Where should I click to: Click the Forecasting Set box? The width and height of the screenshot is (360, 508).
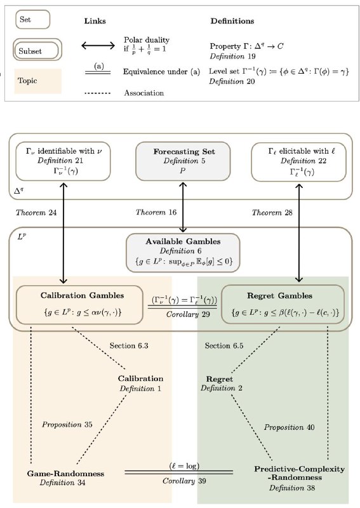(x=183, y=161)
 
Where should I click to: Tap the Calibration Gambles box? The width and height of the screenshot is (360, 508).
(x=79, y=305)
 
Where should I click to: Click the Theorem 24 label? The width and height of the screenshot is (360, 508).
(x=36, y=213)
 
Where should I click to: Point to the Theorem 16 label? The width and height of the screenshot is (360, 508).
(x=156, y=212)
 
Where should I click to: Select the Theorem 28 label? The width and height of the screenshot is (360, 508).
(x=272, y=213)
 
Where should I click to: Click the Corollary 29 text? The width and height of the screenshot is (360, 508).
(x=188, y=314)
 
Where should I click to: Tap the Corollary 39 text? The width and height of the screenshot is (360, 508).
(x=184, y=481)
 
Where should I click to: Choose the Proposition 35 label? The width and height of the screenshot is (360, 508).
(x=67, y=424)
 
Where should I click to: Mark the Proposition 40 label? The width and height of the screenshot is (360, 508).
(x=289, y=427)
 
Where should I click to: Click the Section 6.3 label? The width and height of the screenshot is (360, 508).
(x=129, y=345)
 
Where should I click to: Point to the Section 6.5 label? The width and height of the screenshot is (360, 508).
(x=224, y=345)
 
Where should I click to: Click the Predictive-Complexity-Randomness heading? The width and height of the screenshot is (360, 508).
(x=300, y=473)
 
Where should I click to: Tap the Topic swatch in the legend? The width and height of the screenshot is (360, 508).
(x=37, y=81)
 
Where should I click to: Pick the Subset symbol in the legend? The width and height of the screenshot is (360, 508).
(x=37, y=50)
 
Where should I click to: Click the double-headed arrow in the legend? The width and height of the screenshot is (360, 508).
(x=98, y=45)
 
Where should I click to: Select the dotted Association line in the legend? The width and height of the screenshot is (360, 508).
(x=97, y=93)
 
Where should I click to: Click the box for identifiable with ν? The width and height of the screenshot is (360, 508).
(x=63, y=161)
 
